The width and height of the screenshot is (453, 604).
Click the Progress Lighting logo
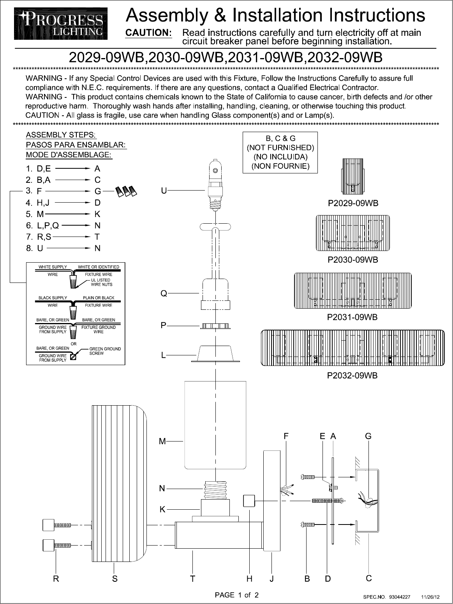tap(60, 24)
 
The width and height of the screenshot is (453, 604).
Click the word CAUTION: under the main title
tap(148, 33)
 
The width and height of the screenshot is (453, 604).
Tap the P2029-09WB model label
tap(353, 203)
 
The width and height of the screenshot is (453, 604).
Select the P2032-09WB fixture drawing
tap(353, 348)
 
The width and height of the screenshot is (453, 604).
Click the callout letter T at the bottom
tap(192, 579)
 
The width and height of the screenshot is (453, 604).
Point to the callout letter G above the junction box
tap(368, 436)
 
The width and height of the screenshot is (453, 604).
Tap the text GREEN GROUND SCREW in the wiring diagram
tap(105, 351)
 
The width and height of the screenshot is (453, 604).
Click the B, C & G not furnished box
tap(280, 152)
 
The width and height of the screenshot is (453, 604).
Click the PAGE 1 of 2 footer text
tap(237, 595)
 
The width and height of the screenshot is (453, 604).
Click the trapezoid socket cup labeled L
tap(215, 354)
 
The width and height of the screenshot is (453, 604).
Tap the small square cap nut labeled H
tap(249, 501)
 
